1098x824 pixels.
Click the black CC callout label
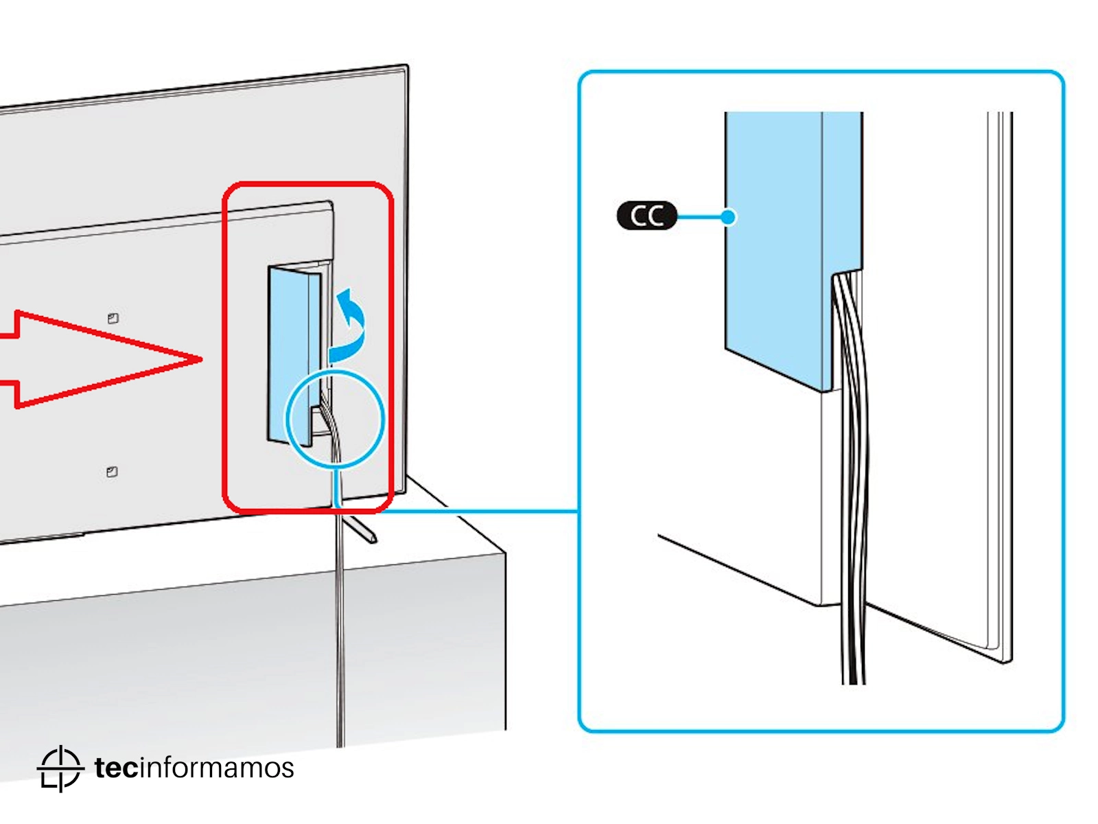pyautogui.click(x=646, y=216)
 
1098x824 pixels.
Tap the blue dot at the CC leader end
pyautogui.click(x=728, y=217)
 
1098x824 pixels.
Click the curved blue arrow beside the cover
pyautogui.click(x=351, y=323)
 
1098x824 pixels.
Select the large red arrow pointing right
pyautogui.click(x=103, y=358)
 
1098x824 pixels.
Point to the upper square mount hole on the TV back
pyautogui.click(x=113, y=318)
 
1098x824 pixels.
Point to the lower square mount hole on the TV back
pyautogui.click(x=112, y=472)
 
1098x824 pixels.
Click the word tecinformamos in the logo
pyautogui.click(x=194, y=768)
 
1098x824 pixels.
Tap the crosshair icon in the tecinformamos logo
pyautogui.click(x=60, y=768)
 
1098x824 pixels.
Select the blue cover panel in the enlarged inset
pyautogui.click(x=775, y=247)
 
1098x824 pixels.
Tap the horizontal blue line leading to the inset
pyautogui.click(x=480, y=511)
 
